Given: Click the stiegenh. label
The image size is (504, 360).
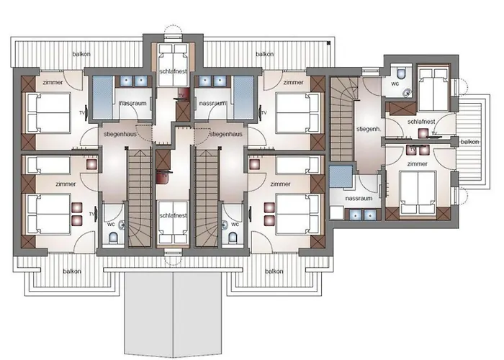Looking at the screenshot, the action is pos(369,129).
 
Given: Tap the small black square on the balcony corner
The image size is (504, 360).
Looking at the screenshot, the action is pos(328,42).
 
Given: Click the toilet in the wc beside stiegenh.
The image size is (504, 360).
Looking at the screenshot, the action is pos(401,73).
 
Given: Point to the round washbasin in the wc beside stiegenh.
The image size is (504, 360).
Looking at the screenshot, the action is pos(408,93).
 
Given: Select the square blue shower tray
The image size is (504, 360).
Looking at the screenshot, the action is pos(341,176).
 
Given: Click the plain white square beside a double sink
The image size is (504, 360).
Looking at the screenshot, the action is pos(337,213).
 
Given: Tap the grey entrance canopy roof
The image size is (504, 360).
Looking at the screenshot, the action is pos(174,314).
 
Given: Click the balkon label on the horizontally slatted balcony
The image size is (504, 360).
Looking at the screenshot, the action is pos(469,142).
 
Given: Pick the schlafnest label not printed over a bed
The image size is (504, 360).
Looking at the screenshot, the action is pos(421,122).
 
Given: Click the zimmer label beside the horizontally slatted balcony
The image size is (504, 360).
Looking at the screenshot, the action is pos(417,164).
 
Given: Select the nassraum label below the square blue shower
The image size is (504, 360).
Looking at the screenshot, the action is pos(359,198).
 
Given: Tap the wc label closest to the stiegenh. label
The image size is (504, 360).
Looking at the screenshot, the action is pos(395,84).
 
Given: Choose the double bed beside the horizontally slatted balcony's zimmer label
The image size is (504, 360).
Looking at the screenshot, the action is pos(417,192).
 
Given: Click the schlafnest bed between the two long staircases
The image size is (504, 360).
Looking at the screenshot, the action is pos(174,222).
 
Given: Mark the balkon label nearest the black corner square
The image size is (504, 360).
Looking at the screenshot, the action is pos(264,54).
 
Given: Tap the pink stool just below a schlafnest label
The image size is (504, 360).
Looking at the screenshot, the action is pos(422,132).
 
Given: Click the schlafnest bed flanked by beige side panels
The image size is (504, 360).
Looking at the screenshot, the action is pos(174,66).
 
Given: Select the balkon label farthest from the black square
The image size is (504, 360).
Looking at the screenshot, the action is pos(72,271).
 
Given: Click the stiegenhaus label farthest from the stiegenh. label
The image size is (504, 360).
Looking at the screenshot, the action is pos(120,134).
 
